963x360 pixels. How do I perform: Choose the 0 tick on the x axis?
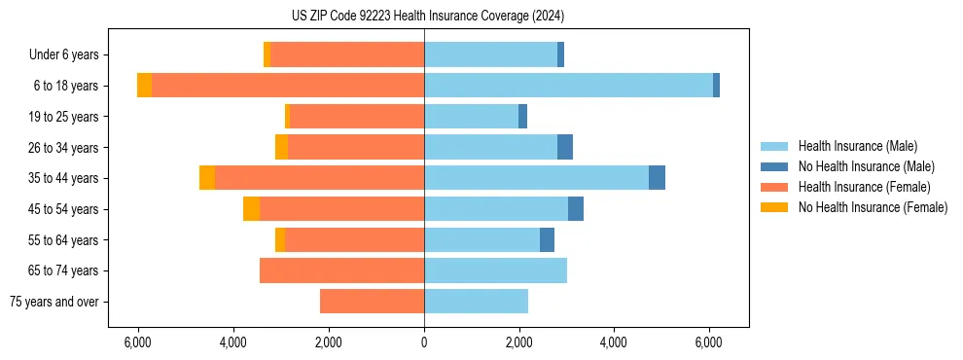(x=424, y=342)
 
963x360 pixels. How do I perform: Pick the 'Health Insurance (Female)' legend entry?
(x=864, y=187)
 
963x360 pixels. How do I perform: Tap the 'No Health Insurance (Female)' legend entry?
(x=873, y=207)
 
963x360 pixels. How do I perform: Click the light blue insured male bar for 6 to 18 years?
(x=568, y=86)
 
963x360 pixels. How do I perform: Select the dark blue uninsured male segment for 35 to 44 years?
(x=657, y=178)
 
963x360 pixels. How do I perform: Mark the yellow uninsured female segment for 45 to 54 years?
(x=251, y=209)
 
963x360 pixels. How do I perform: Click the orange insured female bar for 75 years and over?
(x=372, y=302)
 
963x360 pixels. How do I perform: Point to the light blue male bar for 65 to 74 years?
(x=495, y=270)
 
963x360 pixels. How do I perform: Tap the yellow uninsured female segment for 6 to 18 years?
(x=144, y=86)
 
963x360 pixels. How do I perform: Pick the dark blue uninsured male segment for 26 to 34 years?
(x=565, y=147)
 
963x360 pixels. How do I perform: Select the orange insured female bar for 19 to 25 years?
(x=357, y=117)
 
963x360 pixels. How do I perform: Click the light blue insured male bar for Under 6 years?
(x=490, y=54)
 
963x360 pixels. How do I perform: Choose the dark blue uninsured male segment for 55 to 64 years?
(x=547, y=239)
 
